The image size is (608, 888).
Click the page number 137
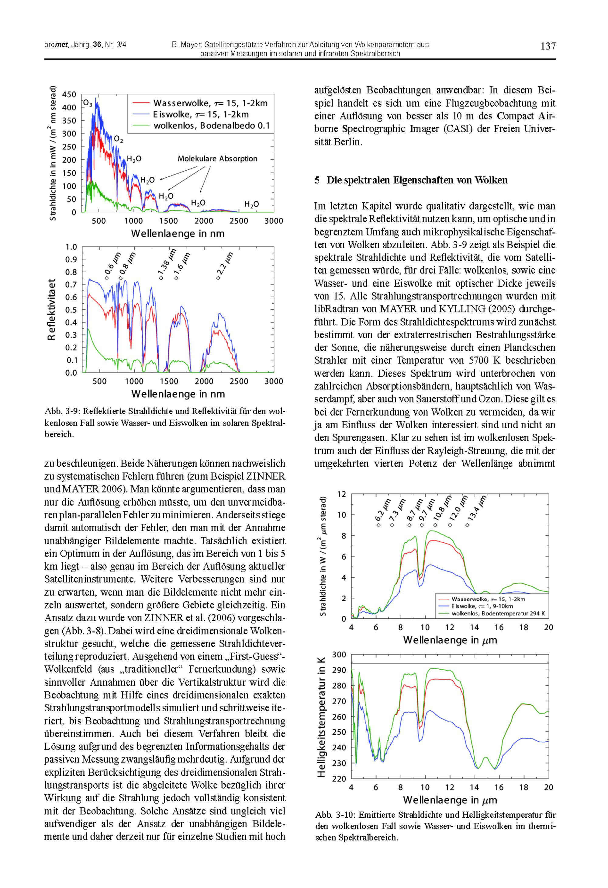pyautogui.click(x=548, y=47)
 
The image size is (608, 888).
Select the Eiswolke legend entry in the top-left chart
pyautogui.click(x=201, y=114)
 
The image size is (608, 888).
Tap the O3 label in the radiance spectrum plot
pyautogui.click(x=88, y=103)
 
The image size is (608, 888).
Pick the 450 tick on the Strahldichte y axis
pyautogui.click(x=69, y=94)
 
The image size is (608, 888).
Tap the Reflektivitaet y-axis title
pyautogui.click(x=52, y=309)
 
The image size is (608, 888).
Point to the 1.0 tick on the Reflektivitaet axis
pyautogui.click(x=71, y=247)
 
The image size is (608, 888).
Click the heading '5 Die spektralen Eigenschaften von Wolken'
pyautogui.click(x=411, y=180)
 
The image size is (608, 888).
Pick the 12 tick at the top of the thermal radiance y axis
pyautogui.click(x=341, y=494)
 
